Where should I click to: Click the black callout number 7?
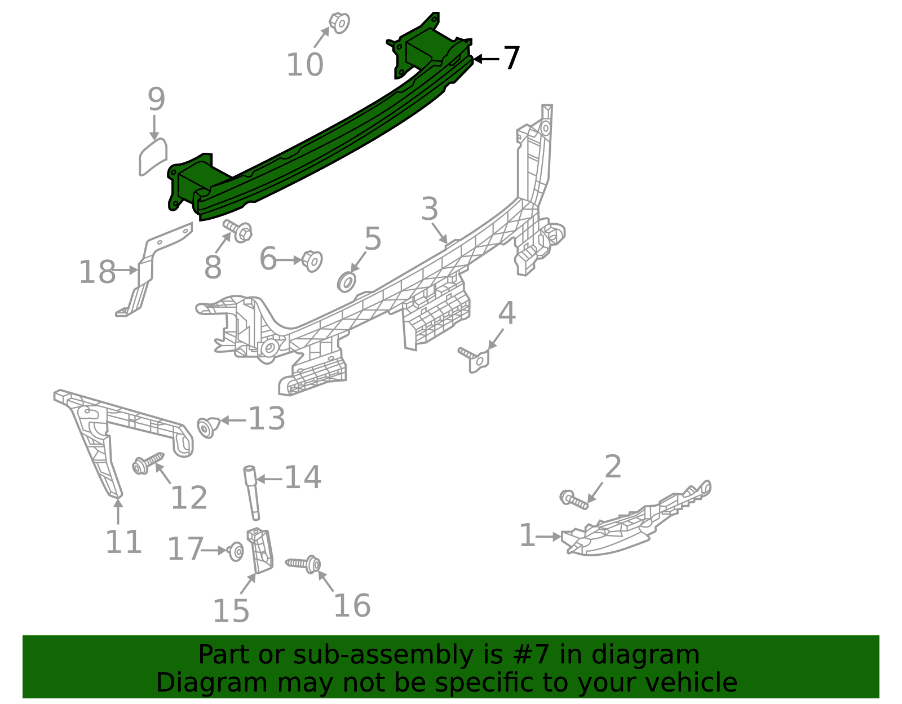[x=511, y=58]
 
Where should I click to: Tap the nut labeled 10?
[x=339, y=23]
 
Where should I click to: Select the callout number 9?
[x=156, y=99]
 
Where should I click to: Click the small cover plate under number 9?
[x=153, y=156]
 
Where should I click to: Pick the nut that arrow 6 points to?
[x=312, y=260]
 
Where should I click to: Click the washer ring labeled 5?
[x=347, y=281]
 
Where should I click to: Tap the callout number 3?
[x=430, y=209]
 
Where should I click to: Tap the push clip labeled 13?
[x=207, y=427]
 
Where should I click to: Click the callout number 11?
[x=123, y=542]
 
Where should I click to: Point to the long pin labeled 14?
[x=251, y=492]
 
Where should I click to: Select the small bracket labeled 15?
[x=260, y=550]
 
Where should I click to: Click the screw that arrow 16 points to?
[x=304, y=563]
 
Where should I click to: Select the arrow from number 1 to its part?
[x=549, y=537]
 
